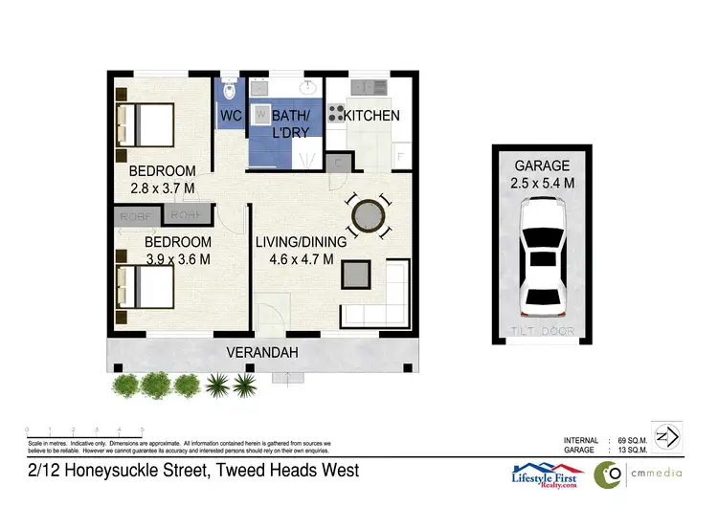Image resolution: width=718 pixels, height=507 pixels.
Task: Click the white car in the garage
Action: pyautogui.click(x=542, y=256)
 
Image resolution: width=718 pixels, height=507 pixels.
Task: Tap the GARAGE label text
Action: pyautogui.click(x=541, y=165)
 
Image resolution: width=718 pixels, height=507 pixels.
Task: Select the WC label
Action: pyautogui.click(x=231, y=117)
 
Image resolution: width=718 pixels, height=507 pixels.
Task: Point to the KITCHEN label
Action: pyautogui.click(x=371, y=117)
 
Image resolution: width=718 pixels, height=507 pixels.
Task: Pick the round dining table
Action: pyautogui.click(x=369, y=217)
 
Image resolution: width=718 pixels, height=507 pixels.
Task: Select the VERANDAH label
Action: pyautogui.click(x=261, y=353)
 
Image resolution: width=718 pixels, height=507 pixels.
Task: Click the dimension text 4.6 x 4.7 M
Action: pyautogui.click(x=294, y=259)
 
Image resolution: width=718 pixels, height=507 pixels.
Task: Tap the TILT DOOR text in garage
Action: pyautogui.click(x=541, y=332)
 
